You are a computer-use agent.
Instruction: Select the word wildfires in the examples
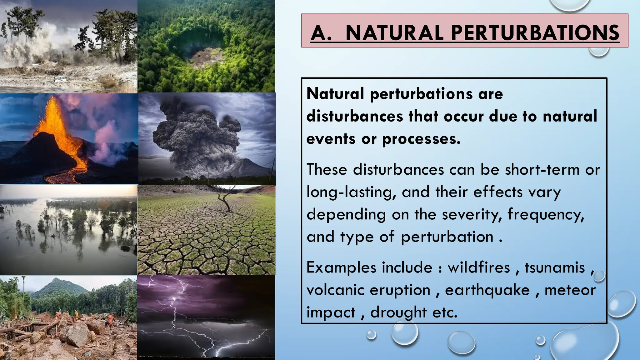479,267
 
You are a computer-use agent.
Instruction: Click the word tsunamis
555,267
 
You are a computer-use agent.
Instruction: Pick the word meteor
570,290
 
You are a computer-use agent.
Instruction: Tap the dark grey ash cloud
194,131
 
